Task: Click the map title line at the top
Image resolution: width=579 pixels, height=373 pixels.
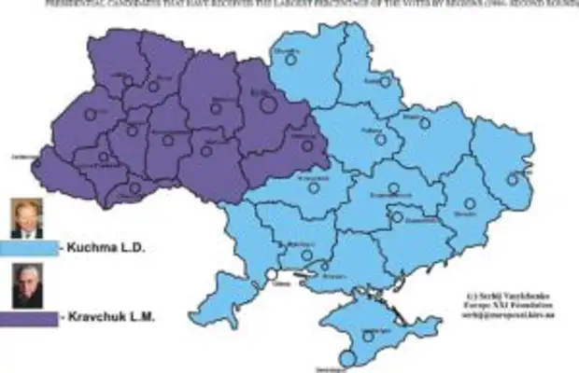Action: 289,4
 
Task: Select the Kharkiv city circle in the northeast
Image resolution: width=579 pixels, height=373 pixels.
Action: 426,122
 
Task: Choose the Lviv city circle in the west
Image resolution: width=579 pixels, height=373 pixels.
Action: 91,114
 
